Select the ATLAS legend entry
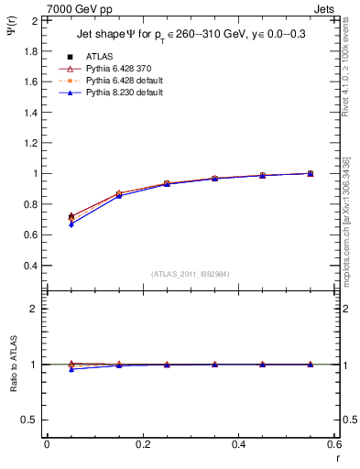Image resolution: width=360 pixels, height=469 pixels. click(x=100, y=57)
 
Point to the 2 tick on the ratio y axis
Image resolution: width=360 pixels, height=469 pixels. click(x=33, y=309)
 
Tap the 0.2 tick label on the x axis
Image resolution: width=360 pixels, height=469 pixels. click(x=142, y=444)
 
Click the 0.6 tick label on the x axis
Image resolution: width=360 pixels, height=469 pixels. click(x=334, y=444)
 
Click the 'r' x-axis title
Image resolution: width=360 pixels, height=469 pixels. click(x=336, y=457)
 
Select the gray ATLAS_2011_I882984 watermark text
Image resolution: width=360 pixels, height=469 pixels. click(x=191, y=274)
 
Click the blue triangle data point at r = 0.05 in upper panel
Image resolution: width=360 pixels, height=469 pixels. click(x=71, y=224)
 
